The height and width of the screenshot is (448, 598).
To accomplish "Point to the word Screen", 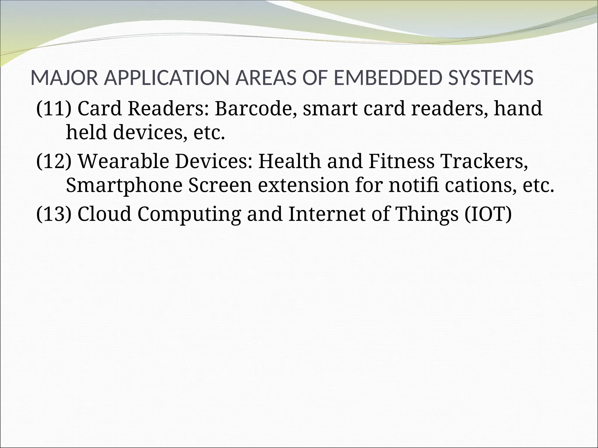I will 220,186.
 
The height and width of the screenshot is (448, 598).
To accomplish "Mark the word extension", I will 303,186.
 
